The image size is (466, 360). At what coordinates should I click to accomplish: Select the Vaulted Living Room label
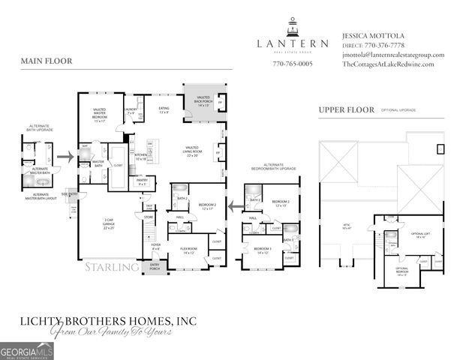[192, 153]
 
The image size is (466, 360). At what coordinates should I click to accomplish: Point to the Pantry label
[141, 181]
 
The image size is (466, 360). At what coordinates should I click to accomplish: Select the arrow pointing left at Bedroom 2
[235, 203]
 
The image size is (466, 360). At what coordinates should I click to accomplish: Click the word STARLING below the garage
[111, 267]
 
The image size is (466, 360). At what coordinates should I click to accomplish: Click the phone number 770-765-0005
[293, 64]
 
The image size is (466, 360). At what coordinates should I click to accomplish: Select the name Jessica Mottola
[373, 35]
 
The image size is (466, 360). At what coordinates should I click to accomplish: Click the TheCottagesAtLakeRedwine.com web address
[387, 64]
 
